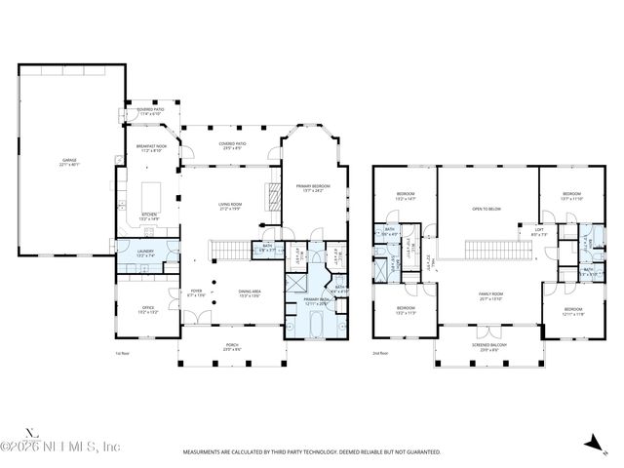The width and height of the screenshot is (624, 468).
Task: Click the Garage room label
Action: (67, 163)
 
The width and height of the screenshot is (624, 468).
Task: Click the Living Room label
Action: (230, 206)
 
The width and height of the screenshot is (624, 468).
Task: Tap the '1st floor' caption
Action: (121, 353)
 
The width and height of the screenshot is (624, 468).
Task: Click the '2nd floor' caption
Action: (379, 353)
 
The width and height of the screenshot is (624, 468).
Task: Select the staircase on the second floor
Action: (497, 249)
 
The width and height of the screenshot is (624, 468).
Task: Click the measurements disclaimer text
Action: (311, 451)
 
